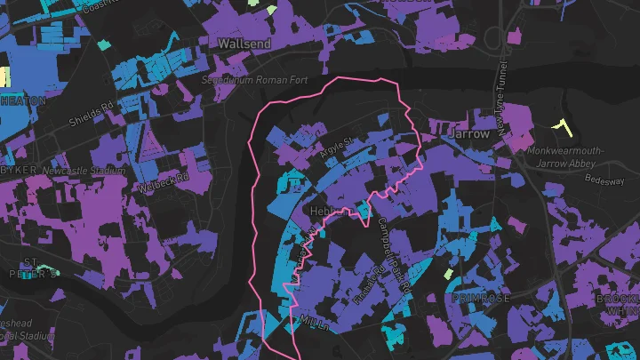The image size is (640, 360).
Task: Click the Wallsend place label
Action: tap(244, 42)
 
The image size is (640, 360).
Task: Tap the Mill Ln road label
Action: tap(315, 322)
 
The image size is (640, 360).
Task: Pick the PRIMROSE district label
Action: tap(480, 299)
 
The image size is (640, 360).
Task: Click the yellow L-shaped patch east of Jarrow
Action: tap(561, 125)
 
